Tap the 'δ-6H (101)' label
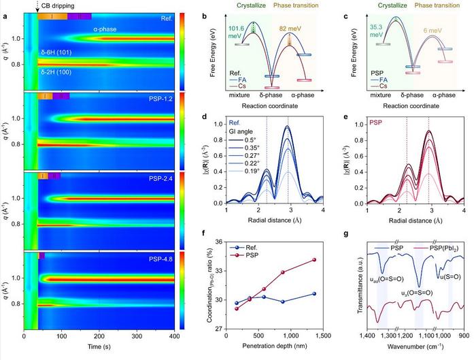click(58, 51)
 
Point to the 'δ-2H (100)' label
click(58, 71)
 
